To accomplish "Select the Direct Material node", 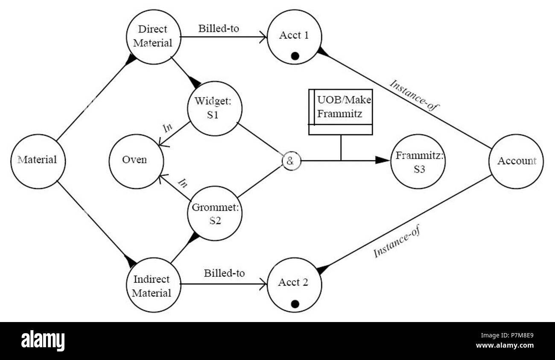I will [x=154, y=37].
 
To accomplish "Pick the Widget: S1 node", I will [x=215, y=109].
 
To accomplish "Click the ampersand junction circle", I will [x=291, y=161].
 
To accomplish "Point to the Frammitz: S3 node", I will [x=419, y=161].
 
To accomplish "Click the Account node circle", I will [x=516, y=161].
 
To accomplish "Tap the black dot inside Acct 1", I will [x=294, y=55].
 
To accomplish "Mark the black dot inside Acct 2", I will [x=294, y=304].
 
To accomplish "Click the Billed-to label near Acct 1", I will [x=219, y=29].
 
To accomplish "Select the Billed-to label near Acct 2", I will [x=224, y=273].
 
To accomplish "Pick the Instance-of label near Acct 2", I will [x=397, y=241].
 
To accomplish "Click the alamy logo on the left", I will [x=43, y=341].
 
